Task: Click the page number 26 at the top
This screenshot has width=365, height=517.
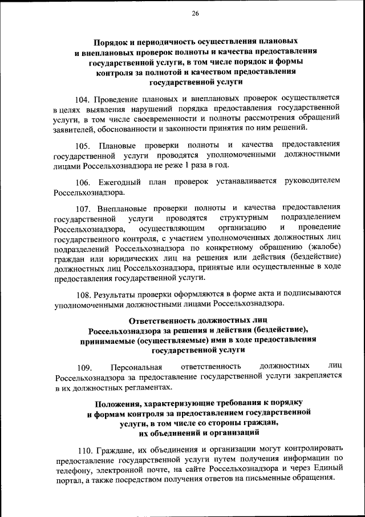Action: (196, 13)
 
